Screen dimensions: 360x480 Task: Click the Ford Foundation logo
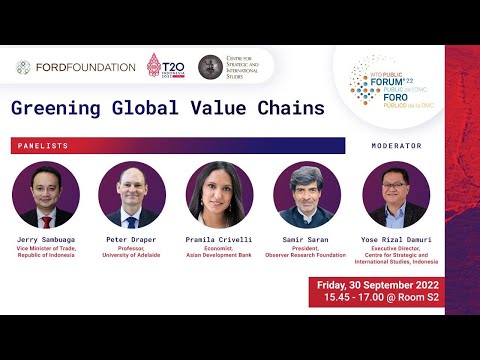point(76,67)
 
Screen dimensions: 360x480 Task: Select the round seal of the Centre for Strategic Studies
point(210,67)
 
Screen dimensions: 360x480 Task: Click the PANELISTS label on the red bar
point(43,146)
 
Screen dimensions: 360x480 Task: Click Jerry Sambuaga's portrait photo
point(46,195)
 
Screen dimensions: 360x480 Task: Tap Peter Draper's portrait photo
point(132,195)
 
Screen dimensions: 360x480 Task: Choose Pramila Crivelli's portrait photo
point(219,195)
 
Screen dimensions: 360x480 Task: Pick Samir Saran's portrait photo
point(306,195)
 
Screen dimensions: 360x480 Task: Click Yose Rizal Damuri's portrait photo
point(395,195)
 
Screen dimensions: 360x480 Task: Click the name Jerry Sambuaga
point(46,241)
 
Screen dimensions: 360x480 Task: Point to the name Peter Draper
point(132,241)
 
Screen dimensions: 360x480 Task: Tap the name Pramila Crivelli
point(219,241)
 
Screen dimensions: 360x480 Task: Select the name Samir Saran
point(306,241)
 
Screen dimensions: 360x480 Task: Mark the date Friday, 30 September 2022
point(378,285)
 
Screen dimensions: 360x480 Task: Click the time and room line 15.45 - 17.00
point(378,299)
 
